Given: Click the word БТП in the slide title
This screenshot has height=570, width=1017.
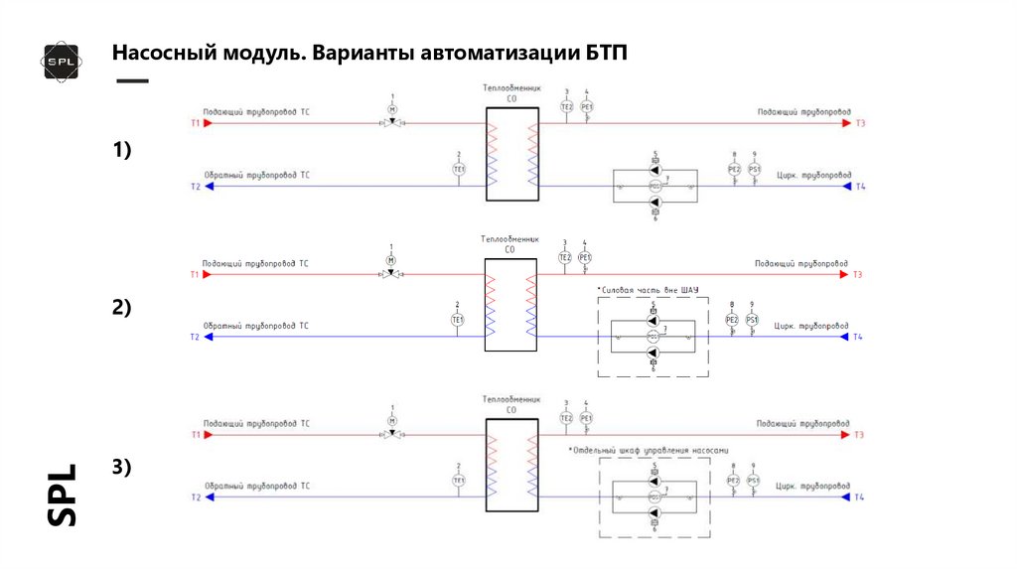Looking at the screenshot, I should [607, 52].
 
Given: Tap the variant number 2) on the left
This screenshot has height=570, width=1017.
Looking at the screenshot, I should [121, 308].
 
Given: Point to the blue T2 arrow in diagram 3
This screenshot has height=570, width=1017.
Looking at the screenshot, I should [208, 498].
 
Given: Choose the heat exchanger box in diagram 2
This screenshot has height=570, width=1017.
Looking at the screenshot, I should [510, 303].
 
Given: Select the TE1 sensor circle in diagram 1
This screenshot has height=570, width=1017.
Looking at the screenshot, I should [459, 170].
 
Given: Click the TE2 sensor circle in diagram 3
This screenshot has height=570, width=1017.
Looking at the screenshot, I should [566, 418].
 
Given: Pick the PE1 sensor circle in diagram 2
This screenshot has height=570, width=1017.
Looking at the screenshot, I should [585, 258].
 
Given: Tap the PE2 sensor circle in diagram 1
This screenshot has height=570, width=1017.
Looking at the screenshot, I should [734, 170].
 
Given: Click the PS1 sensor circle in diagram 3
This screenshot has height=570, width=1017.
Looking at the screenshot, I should [754, 481].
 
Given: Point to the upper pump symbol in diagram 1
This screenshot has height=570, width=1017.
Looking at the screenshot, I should [654, 170].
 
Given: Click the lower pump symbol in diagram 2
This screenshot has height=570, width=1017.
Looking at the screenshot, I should [654, 353].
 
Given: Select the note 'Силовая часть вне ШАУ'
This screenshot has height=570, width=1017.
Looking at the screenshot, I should [648, 290].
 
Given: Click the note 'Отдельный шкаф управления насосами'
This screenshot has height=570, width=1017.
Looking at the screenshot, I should [650, 450].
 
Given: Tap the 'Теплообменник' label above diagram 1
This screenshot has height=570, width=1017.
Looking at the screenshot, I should [510, 88].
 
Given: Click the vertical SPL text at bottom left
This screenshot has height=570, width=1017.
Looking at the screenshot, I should [63, 495].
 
